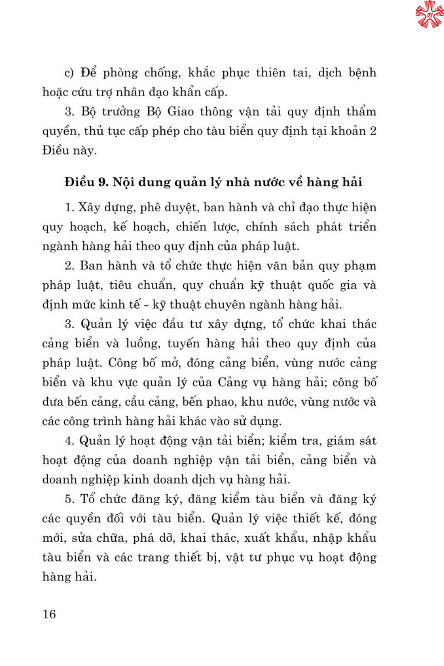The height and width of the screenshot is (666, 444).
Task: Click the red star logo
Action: (x=429, y=14)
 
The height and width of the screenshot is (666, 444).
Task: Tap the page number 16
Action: (x=49, y=614)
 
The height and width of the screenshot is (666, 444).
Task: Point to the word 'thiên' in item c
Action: (x=270, y=72)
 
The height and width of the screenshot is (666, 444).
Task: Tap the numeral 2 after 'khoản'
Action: (x=373, y=131)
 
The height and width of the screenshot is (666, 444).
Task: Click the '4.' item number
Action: (x=69, y=441)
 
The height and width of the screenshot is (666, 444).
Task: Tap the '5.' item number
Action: (x=69, y=499)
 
